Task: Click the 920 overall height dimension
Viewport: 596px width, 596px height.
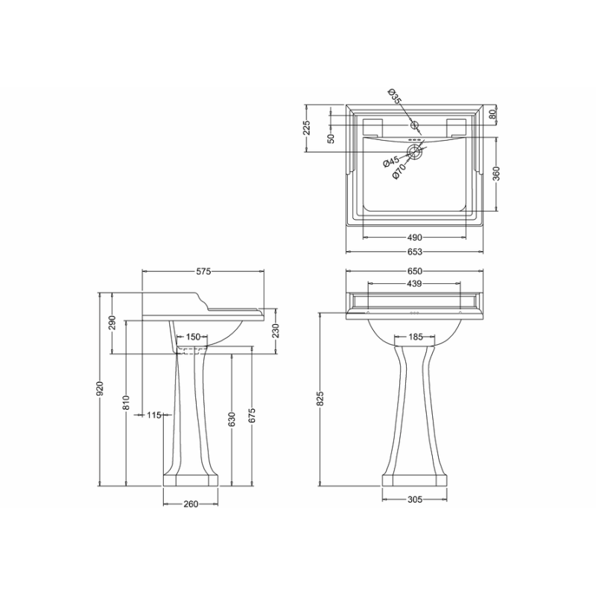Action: click(x=100, y=389)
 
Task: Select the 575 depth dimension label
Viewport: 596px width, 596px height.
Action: click(x=203, y=271)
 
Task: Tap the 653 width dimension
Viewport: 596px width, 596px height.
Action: click(x=415, y=252)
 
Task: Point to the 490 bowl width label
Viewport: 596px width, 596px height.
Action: click(x=415, y=238)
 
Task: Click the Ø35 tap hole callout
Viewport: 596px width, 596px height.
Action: click(x=395, y=96)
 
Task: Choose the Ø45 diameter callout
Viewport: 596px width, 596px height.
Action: click(x=390, y=162)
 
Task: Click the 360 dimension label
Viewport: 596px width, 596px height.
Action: click(x=496, y=174)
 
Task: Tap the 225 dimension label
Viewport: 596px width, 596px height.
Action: click(x=307, y=128)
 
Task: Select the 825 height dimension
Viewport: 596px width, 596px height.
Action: click(x=320, y=399)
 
